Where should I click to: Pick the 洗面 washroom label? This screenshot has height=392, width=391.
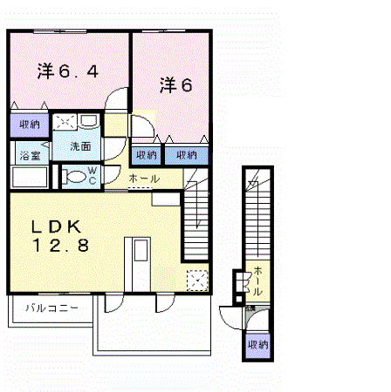click(x=81, y=145)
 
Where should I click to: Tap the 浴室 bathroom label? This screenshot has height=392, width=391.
click(x=29, y=157)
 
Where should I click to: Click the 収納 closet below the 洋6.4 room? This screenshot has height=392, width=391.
click(x=28, y=125)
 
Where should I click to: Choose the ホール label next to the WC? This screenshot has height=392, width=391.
click(x=143, y=179)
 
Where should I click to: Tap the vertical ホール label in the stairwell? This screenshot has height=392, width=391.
click(x=257, y=280)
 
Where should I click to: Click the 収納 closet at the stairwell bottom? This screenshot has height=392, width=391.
click(x=257, y=345)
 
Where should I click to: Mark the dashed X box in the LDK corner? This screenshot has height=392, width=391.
click(x=197, y=280)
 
